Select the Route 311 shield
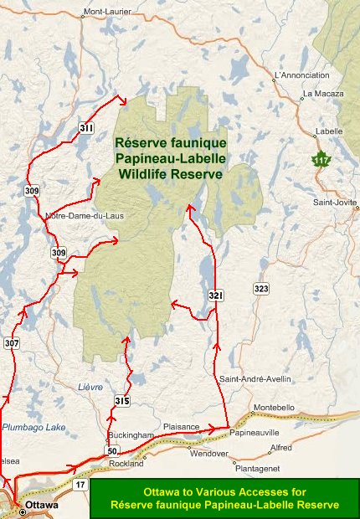pos(86,128)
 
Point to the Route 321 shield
pos(215,297)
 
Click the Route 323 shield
pos(261,289)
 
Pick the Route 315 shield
pos(122,402)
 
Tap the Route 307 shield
pos(11,343)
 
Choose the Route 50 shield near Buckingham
pos(111,451)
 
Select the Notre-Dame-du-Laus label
pos(81,216)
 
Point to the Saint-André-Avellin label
pos(255,379)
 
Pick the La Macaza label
pos(323,94)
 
